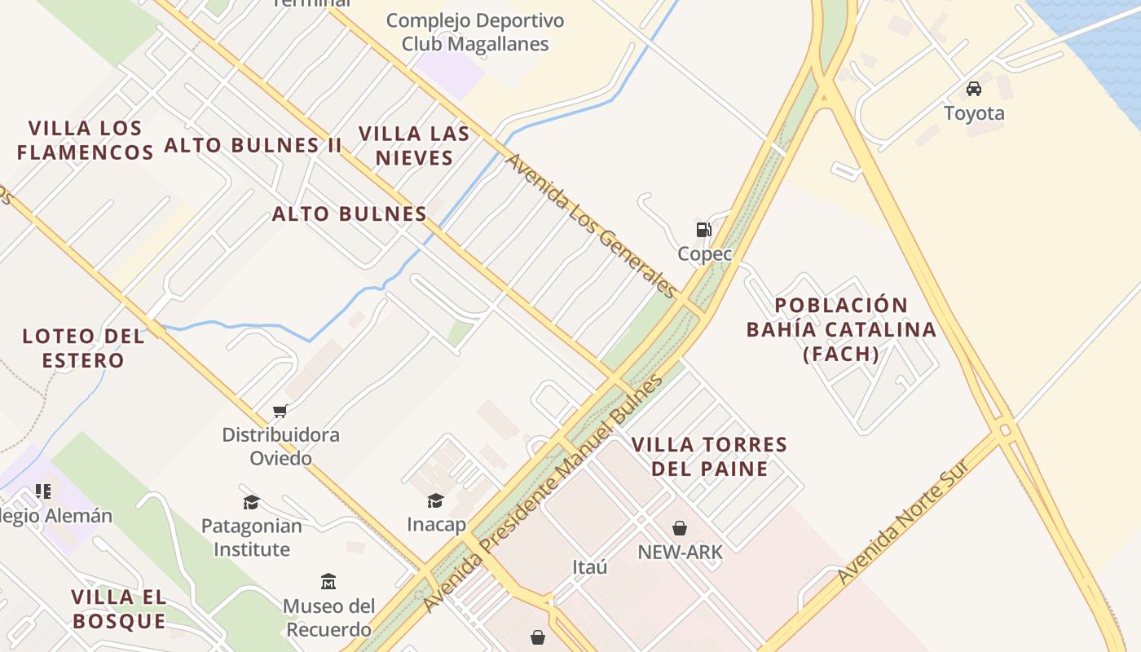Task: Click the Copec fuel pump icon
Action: click(703, 230)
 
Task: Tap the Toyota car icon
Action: click(973, 88)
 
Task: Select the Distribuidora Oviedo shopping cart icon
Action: click(280, 411)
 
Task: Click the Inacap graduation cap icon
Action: click(436, 500)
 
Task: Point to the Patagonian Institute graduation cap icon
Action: click(251, 502)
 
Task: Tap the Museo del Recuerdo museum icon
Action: click(328, 581)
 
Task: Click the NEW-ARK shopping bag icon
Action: click(680, 528)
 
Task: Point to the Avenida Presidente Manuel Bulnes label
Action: click(544, 494)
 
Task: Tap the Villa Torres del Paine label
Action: click(709, 456)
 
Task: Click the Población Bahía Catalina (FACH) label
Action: click(841, 329)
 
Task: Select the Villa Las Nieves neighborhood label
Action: click(414, 145)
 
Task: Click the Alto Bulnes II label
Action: click(253, 145)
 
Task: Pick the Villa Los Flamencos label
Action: click(85, 139)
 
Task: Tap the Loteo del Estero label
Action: click(83, 348)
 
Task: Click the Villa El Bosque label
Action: click(119, 609)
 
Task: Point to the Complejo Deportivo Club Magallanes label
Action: click(475, 32)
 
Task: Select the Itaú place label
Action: click(590, 567)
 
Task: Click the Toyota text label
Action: click(974, 113)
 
